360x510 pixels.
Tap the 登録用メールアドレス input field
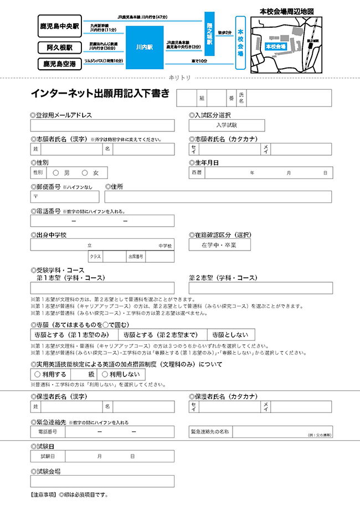pyautogui.click(x=102, y=126)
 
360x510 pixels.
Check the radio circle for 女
pyautogui.click(x=85, y=173)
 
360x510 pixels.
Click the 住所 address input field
pyautogui.click(x=221, y=197)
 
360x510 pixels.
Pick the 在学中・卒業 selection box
pyautogui.click(x=220, y=244)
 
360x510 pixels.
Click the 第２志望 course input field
pyautogui.click(x=260, y=288)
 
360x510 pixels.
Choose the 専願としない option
pyautogui.click(x=231, y=335)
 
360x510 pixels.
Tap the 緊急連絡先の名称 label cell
pyautogui.click(x=210, y=431)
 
